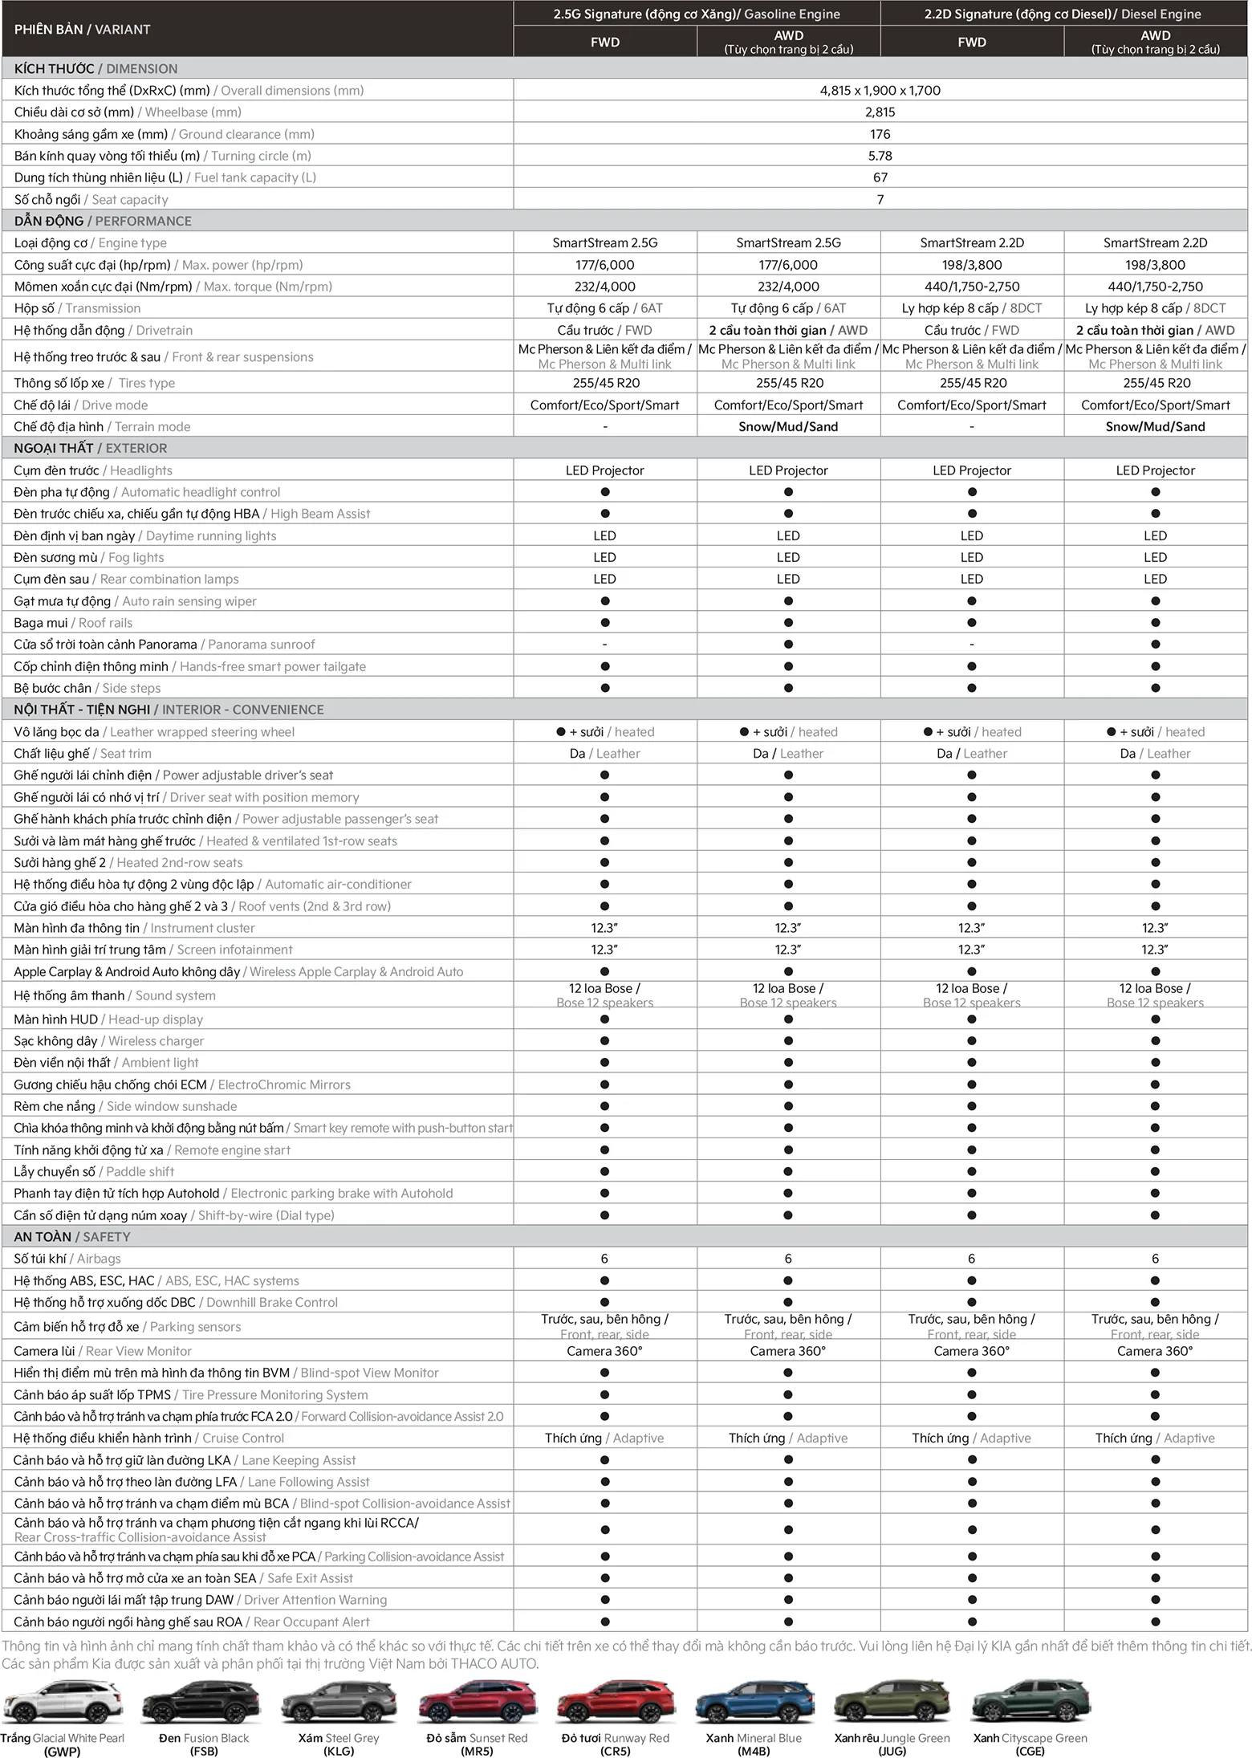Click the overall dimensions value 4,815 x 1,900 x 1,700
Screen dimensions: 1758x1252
pyautogui.click(x=880, y=91)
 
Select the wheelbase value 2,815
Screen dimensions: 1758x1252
pyautogui.click(x=880, y=112)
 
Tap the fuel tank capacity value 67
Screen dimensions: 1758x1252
pyautogui.click(x=880, y=177)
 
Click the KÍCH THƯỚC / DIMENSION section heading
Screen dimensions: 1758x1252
pyautogui.click(x=96, y=69)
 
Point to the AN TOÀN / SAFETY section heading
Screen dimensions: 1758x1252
pyautogui.click(x=71, y=1237)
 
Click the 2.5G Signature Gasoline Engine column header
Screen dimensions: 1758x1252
pyautogui.click(x=696, y=14)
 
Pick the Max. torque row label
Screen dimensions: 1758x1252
pyautogui.click(x=173, y=287)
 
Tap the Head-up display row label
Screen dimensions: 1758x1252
pyautogui.click(x=108, y=1019)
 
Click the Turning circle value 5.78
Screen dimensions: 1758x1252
pyautogui.click(x=880, y=156)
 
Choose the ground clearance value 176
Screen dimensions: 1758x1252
pyautogui.click(x=880, y=134)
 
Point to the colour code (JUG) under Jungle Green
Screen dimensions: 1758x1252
pyautogui.click(x=892, y=1751)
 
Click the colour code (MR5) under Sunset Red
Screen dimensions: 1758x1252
pyautogui.click(x=477, y=1751)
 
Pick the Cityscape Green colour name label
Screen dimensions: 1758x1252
pyautogui.click(x=1030, y=1738)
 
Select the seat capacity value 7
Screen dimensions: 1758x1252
pyautogui.click(x=880, y=199)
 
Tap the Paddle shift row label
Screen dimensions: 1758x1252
pyautogui.click(x=94, y=1172)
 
